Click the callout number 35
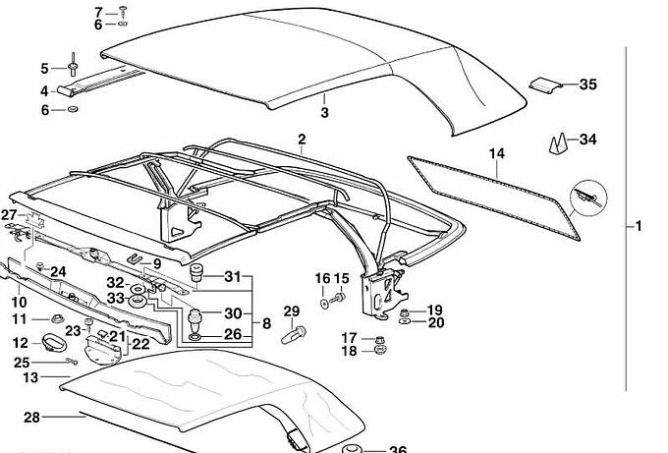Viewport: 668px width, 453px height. coord(587,85)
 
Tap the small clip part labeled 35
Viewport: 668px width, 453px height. coord(543,84)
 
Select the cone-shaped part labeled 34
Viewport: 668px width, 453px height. coord(558,143)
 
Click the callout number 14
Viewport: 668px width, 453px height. coord(496,153)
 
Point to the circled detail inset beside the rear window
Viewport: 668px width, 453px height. coord(588,198)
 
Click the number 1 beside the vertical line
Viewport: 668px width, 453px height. coord(639,226)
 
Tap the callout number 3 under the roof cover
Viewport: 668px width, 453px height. coord(324,112)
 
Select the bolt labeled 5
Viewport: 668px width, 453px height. coord(73,64)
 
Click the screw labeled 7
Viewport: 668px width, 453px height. coord(123,11)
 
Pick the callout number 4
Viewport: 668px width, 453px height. coord(44,91)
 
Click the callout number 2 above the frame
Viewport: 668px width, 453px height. coord(302,140)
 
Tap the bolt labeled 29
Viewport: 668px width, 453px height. coord(294,334)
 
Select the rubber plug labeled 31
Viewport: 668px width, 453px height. coord(195,272)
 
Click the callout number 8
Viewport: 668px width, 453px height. coord(266,323)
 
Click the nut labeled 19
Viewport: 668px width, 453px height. coord(405,311)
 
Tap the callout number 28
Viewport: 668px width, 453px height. coord(31,418)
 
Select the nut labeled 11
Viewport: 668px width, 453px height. coord(57,318)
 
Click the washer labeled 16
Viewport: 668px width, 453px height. coord(324,304)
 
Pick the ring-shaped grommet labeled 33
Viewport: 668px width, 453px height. coord(138,301)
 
